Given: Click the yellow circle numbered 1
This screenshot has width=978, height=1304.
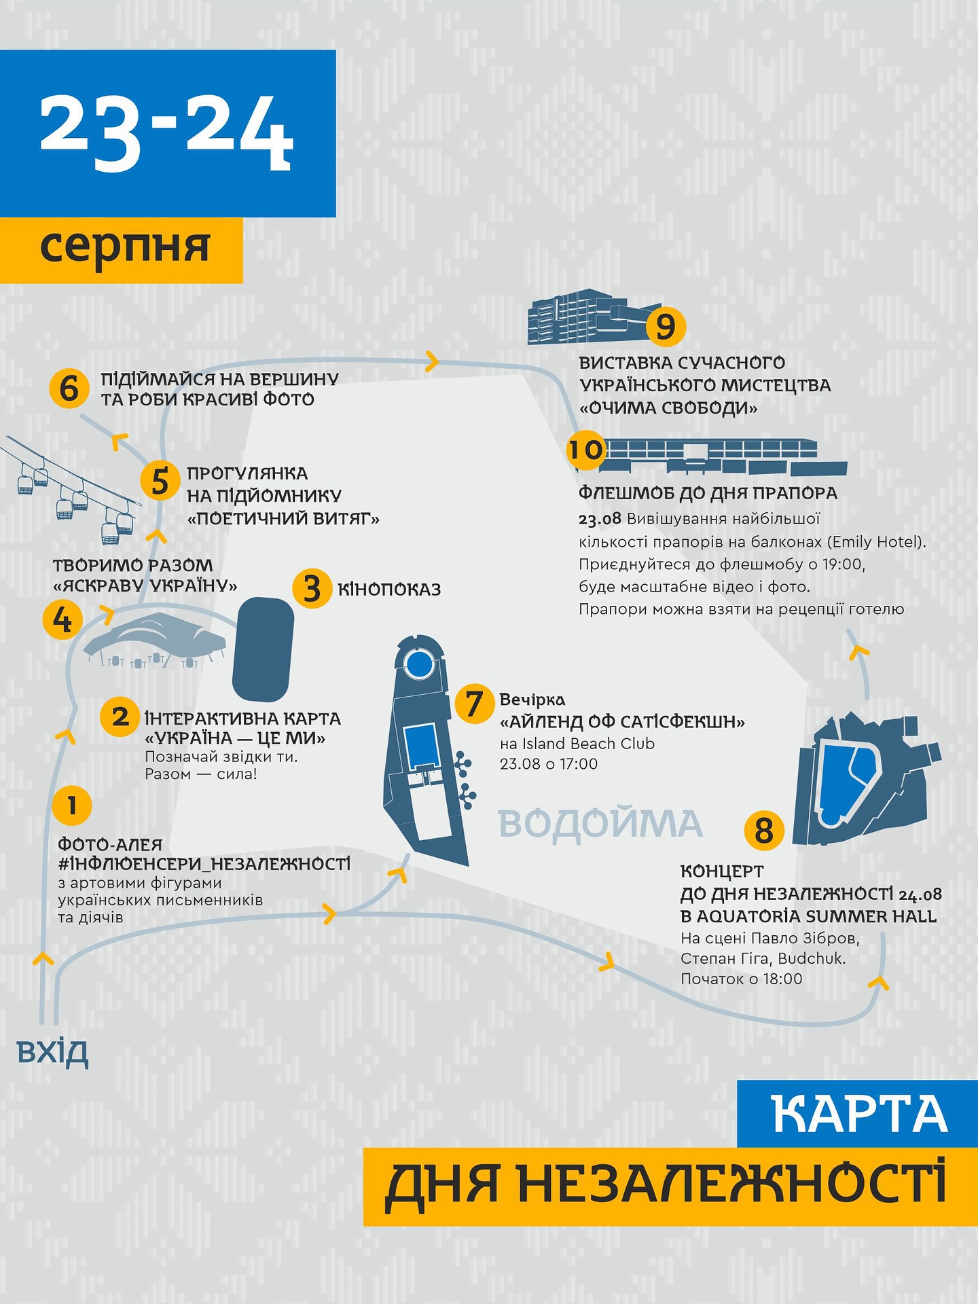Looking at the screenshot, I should coord(71,805).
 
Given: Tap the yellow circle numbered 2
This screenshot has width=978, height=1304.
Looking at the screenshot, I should coord(120,717).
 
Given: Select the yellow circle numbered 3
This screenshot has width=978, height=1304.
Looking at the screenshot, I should coord(312,588).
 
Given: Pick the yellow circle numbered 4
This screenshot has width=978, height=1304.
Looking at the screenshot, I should coord(62,619).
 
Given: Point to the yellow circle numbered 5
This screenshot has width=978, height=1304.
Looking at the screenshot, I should coord(160,481).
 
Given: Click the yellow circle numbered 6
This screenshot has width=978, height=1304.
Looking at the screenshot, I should coord(69,388).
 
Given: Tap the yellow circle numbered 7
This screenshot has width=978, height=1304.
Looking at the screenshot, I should coord(474,703).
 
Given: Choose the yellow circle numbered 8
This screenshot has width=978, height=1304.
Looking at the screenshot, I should coord(764,830).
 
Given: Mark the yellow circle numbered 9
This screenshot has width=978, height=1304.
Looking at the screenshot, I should coord(666,326).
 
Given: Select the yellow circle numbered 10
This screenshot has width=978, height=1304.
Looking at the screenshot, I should coord(586,450).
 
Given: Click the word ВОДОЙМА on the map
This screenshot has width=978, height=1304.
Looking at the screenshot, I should coord(600,824).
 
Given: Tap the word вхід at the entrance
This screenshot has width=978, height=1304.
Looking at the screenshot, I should coord(52,1052).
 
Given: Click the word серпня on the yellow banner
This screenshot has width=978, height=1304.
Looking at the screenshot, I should coord(125,247).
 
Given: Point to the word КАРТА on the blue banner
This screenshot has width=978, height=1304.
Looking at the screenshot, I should coord(860,1114).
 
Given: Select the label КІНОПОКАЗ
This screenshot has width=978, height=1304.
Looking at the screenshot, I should coord(389,590).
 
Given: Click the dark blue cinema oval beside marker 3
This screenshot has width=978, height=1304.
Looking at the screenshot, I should coord(264,649).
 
